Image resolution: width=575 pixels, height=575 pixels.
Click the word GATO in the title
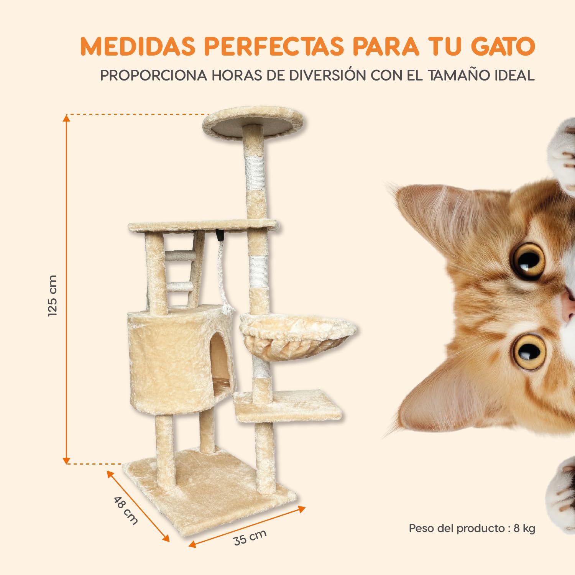pyautogui.click(x=503, y=47)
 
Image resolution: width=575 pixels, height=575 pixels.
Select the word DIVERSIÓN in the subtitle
pyautogui.click(x=327, y=76)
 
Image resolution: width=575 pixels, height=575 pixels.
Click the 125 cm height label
pyautogui.click(x=53, y=295)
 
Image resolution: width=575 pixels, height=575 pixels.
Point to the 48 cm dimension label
pyautogui.click(x=126, y=510)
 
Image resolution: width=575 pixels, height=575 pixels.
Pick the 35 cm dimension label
pyautogui.click(x=250, y=537)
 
